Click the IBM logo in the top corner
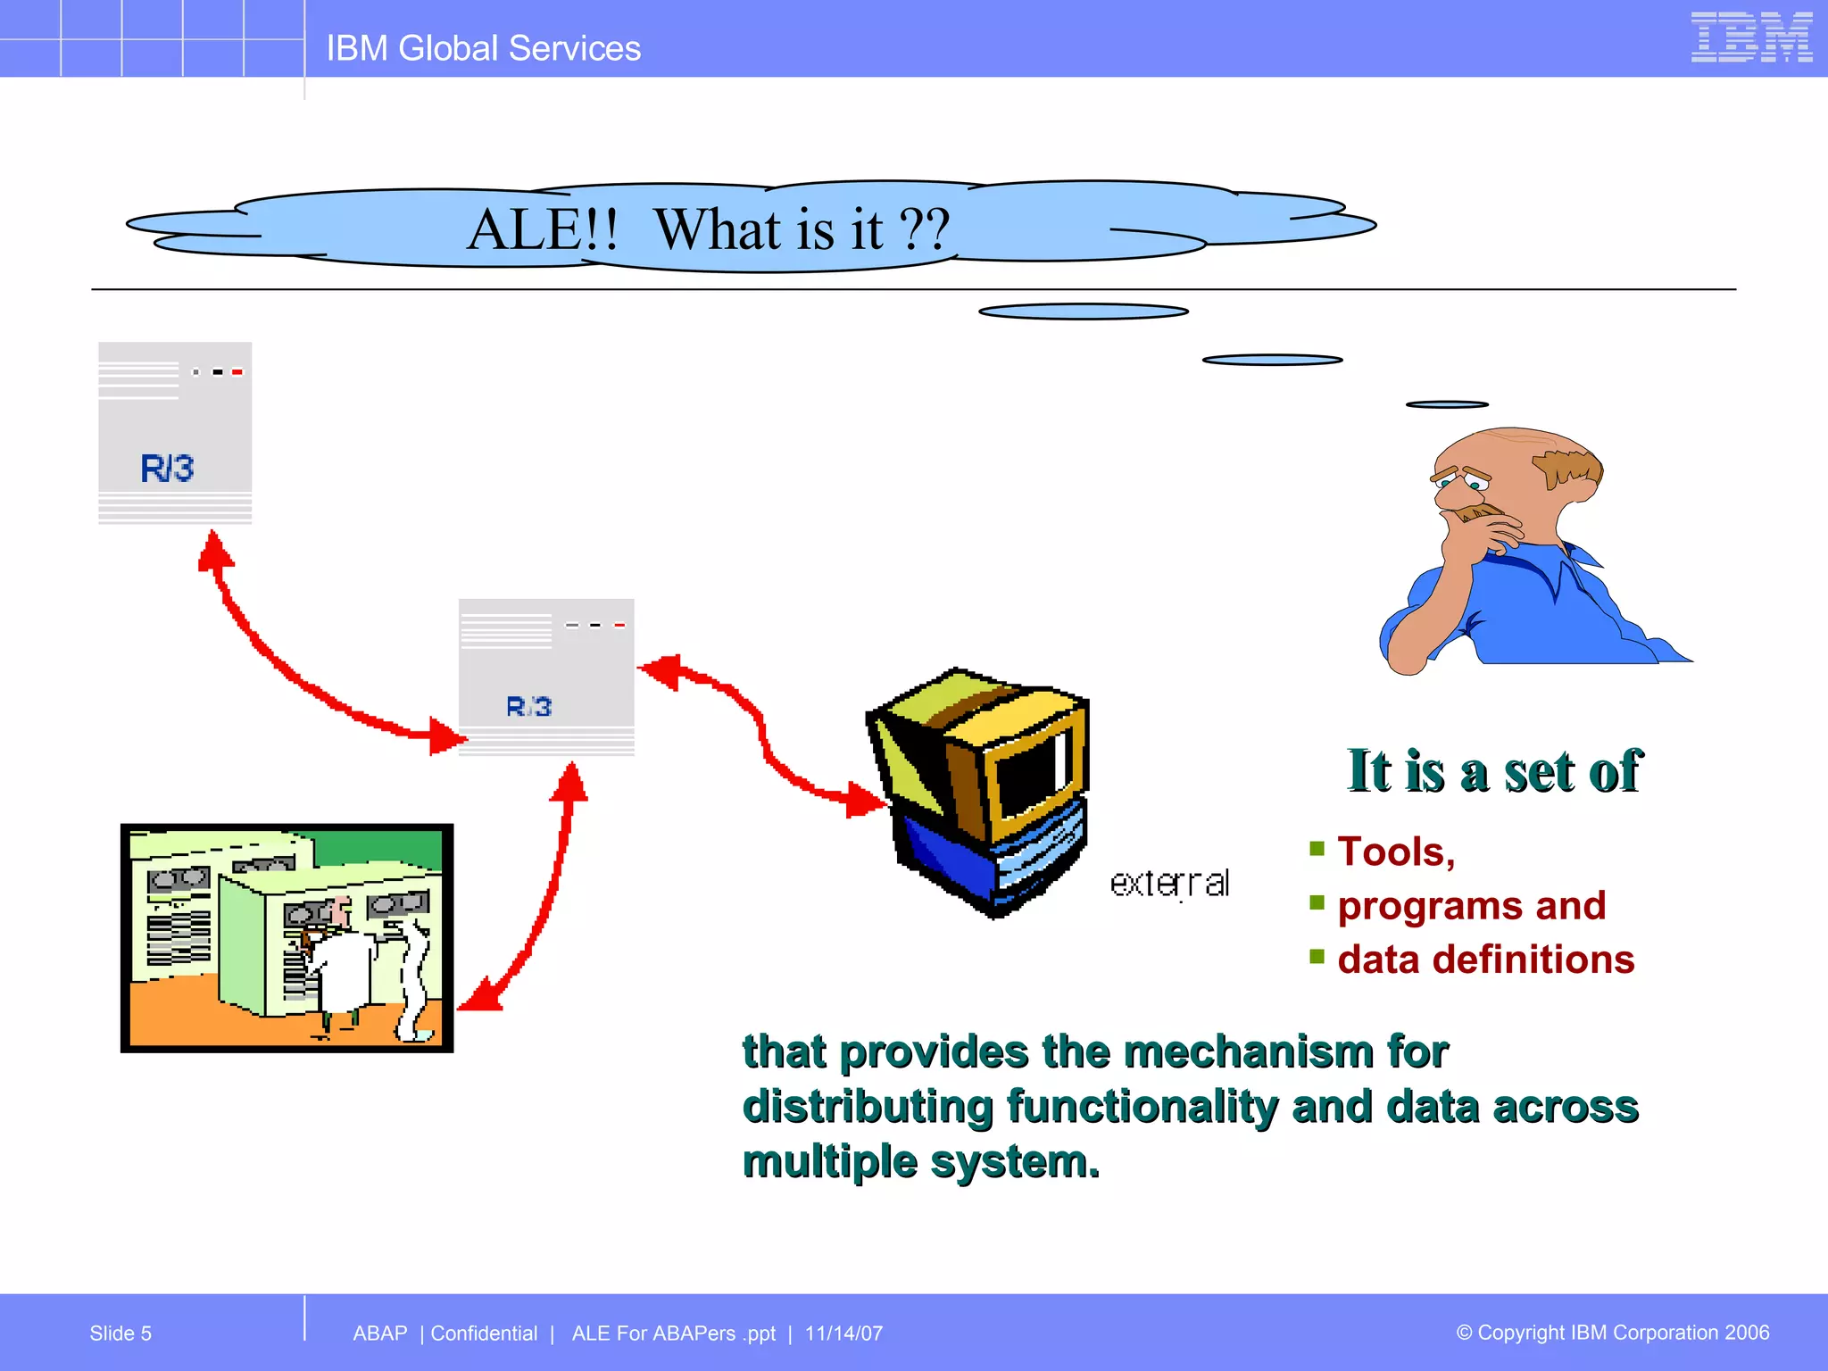[1750, 37]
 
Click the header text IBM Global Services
[483, 48]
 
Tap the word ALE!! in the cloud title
[542, 229]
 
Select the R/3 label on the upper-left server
[167, 468]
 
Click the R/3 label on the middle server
[528, 707]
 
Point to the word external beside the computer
[1169, 884]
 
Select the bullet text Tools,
[1396, 852]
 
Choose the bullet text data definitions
[1485, 960]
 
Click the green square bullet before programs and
[1317, 902]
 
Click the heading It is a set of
[1493, 770]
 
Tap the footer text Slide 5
[120, 1334]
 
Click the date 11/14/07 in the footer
[843, 1334]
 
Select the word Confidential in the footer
[484, 1334]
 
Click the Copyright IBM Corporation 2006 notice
[1612, 1333]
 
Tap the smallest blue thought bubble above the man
[1446, 404]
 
